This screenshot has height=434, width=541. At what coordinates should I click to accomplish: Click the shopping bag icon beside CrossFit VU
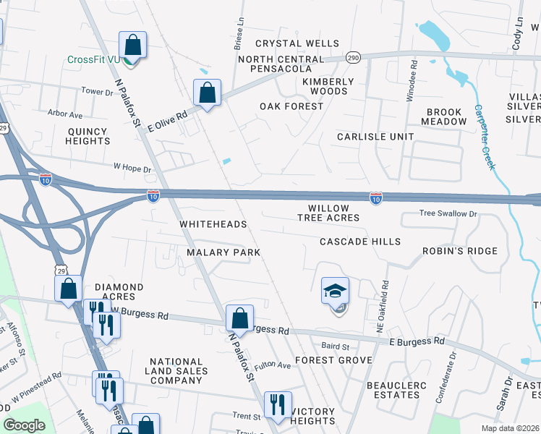coord(133,46)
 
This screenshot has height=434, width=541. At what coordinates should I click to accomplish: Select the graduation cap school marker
coord(335,292)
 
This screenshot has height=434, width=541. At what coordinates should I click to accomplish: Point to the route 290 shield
coord(352,57)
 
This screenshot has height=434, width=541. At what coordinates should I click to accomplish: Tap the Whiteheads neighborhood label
coord(213,224)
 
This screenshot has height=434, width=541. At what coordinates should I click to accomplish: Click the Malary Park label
coord(223,252)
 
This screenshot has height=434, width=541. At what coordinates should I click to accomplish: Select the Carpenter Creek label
coord(485,137)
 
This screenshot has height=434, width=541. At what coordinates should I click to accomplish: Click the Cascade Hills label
coord(360,241)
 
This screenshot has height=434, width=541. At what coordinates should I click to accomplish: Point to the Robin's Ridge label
coord(460,251)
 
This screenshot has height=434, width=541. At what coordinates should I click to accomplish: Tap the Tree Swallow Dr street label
coord(449,213)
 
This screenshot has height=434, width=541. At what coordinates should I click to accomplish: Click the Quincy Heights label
coord(88,137)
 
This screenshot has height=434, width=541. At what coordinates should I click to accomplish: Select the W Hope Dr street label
coord(132,169)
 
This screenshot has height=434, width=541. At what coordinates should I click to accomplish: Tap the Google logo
coord(24,425)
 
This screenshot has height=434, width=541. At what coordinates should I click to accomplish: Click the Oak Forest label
coord(291,106)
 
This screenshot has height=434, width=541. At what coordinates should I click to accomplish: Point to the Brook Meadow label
coord(446,116)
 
